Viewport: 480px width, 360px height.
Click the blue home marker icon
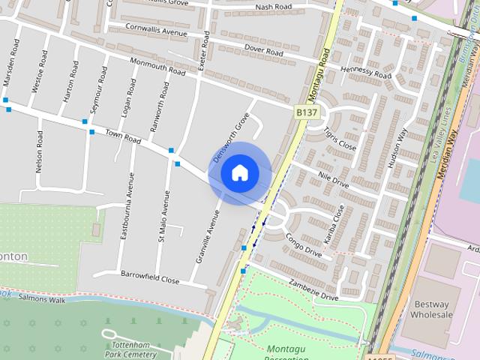tap(239, 172)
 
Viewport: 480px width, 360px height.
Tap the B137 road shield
tap(306, 112)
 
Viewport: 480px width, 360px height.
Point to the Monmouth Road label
tap(157, 66)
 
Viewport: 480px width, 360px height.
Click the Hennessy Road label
tap(366, 72)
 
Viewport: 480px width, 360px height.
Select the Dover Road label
tap(264, 50)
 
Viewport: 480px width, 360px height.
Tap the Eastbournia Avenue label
tap(127, 206)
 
